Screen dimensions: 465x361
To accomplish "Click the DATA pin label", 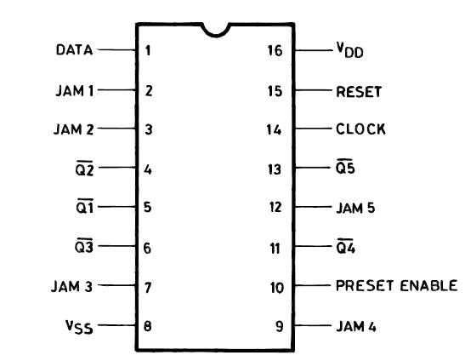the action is pos(75,49).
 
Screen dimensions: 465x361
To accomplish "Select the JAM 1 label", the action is pos(75,90).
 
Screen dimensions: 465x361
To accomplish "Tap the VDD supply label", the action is pos(350,50).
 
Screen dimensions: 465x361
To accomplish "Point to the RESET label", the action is pos(359,92).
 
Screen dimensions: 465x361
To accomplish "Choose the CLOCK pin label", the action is pos(360,129).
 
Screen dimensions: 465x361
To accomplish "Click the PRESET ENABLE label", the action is pos(396,285).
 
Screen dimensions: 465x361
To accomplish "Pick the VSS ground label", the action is pos(79,327).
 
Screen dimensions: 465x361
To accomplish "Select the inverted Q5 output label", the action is pos(345,167).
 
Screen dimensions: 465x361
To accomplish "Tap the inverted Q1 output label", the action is pos(85,206).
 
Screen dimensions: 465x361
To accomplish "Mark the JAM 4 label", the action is pos(356,327).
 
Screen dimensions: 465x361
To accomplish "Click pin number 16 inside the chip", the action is pos(275,50).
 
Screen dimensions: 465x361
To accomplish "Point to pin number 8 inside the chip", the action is pos(147,326).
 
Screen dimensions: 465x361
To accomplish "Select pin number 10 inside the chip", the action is pos(277,288).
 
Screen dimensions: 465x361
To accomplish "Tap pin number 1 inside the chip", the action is pos(148,50).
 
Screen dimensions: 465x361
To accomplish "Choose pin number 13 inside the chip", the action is pos(275,169).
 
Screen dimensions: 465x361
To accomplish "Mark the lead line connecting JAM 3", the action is pos(116,285).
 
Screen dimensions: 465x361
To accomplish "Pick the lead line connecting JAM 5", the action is pos(313,207).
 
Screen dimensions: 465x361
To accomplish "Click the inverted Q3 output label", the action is pos(84,246).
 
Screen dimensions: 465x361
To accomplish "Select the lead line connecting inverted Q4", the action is pos(314,246).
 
